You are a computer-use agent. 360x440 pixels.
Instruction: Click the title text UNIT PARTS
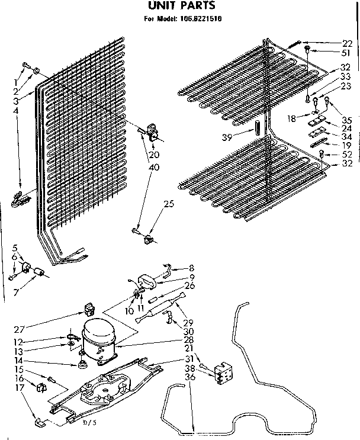[x=177, y=6]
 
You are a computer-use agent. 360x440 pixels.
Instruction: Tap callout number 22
[x=347, y=43]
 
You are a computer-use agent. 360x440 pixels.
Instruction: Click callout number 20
[x=155, y=155]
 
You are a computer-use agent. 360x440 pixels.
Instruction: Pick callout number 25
[x=169, y=204]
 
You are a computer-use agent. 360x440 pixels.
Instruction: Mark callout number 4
[x=15, y=110]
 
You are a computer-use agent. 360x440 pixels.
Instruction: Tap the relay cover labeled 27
[x=91, y=309]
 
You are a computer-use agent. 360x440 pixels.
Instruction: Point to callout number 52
[x=346, y=155]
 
